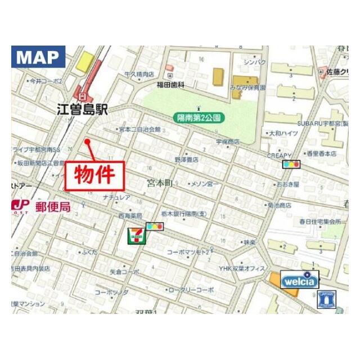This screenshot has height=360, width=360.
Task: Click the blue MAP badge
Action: click(x=38, y=57)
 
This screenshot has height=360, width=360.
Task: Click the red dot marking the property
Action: click(x=88, y=141)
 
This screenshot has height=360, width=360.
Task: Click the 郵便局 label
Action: click(x=53, y=207)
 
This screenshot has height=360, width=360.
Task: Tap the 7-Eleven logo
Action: click(x=136, y=235)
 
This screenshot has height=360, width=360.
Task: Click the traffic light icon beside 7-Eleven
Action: click(x=155, y=227)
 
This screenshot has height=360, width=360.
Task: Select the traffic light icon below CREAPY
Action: click(x=291, y=164)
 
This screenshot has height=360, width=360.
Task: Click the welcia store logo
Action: click(x=300, y=280)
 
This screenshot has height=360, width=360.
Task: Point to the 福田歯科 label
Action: click(x=171, y=84)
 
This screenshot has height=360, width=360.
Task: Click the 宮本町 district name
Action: click(x=160, y=183)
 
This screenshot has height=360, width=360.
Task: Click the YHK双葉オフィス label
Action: click(x=242, y=269)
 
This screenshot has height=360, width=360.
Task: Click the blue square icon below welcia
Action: click(x=327, y=299)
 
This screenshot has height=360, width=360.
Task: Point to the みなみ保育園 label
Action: click(x=247, y=88)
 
